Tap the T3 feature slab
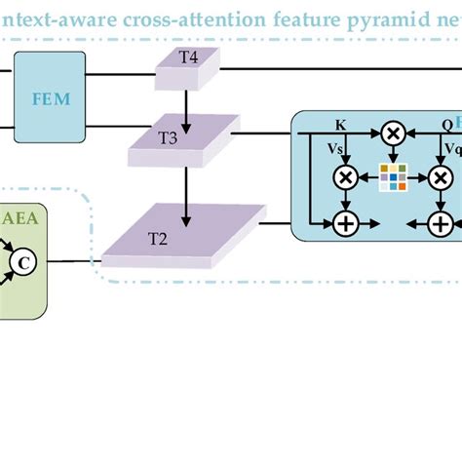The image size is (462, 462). [x=182, y=139]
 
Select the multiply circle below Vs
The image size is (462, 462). [x=345, y=177]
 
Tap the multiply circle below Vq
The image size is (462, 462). [x=441, y=177]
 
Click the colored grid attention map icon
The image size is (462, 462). [x=393, y=177]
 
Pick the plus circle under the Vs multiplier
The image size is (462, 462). [x=345, y=223]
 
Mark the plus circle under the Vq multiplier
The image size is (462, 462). [x=441, y=223]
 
